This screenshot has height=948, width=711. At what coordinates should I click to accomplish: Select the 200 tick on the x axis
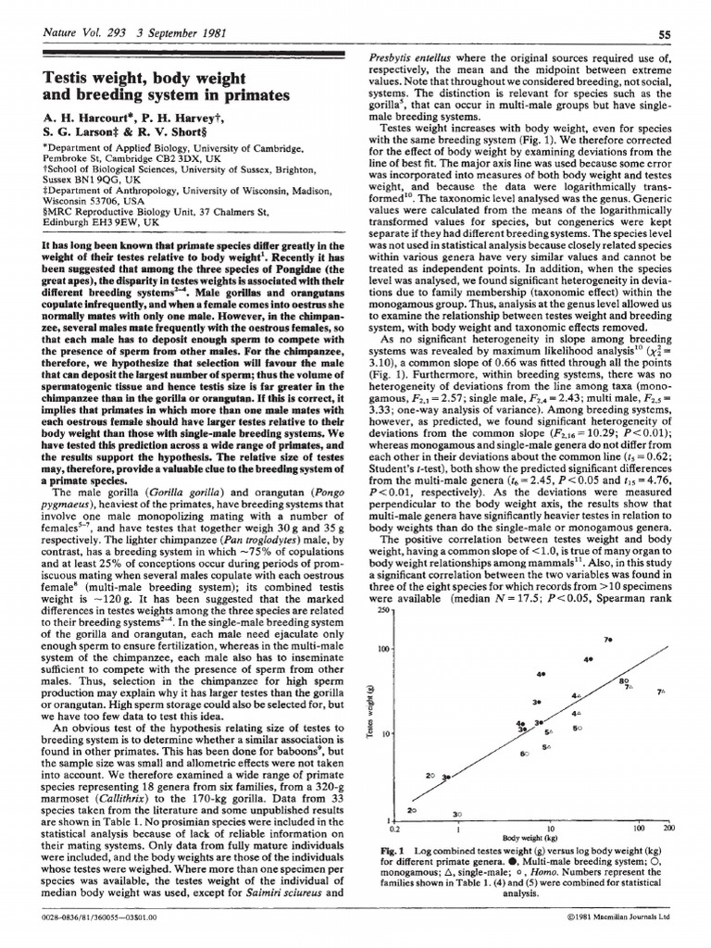[669, 829]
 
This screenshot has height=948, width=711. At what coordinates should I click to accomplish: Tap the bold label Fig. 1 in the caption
[380, 850]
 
